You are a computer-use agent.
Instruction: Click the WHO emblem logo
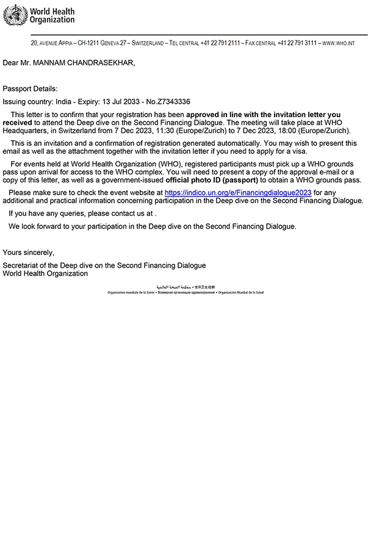coord(15,15)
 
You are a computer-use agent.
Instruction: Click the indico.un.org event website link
coord(238,192)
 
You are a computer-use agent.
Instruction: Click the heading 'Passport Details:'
coord(30,89)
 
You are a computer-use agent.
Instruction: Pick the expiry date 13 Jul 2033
coord(107,102)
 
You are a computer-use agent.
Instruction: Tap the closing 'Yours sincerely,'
coord(28,252)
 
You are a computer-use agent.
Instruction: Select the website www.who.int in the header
coord(347,44)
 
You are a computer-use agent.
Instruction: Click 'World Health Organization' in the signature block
coord(45,274)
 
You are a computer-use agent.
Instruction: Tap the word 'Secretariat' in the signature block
coord(21,265)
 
